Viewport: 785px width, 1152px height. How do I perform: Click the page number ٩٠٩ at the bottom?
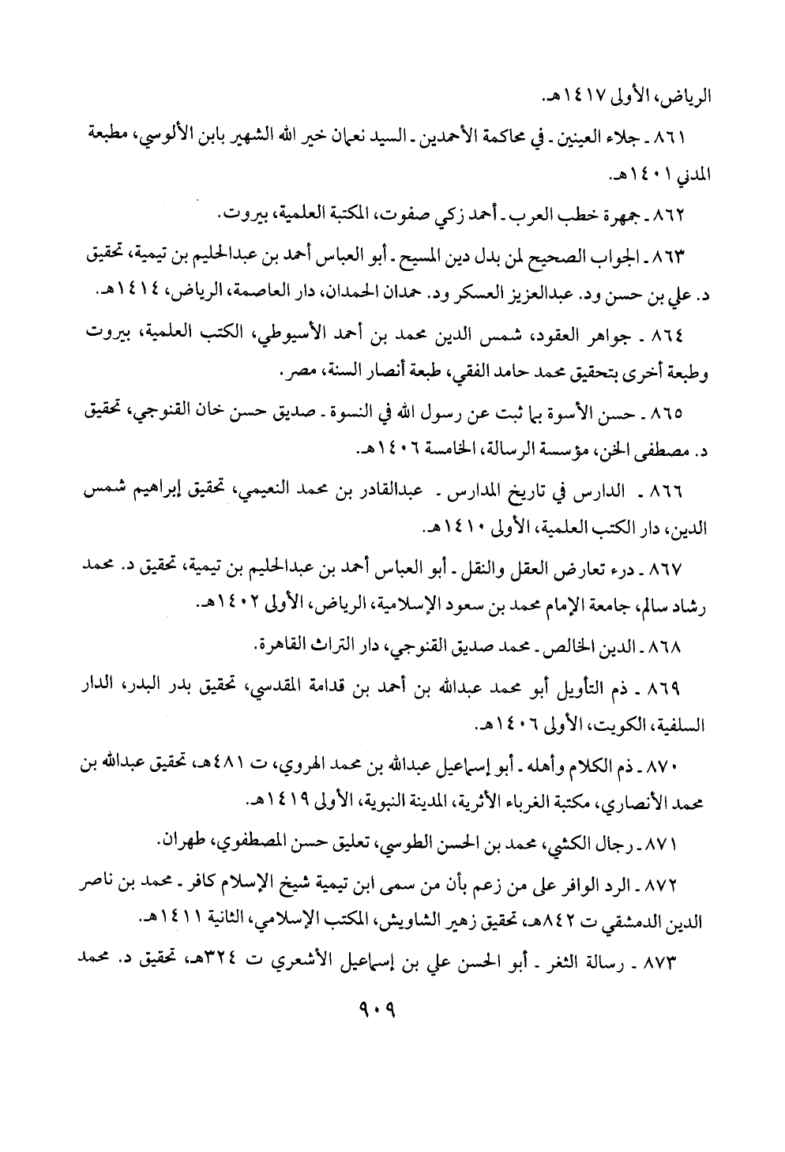(376, 1008)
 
